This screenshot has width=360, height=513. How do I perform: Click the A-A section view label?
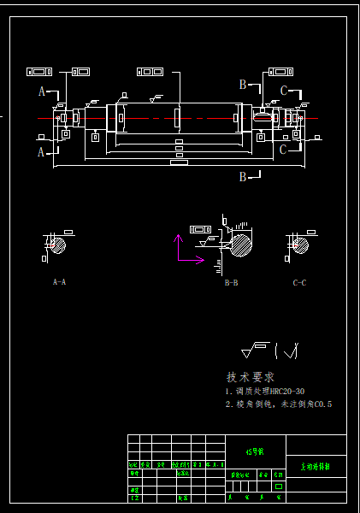click(x=59, y=281)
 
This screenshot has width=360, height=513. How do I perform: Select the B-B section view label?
click(x=231, y=281)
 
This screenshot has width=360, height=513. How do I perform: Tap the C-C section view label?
click(x=299, y=281)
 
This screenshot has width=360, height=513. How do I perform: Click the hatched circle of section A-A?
click(x=58, y=246)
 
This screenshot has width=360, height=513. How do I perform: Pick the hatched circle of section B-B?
click(x=240, y=245)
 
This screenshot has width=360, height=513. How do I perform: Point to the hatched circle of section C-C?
click(x=301, y=246)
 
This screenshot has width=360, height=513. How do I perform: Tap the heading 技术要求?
click(x=250, y=377)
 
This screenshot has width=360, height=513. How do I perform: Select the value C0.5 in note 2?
click(x=322, y=404)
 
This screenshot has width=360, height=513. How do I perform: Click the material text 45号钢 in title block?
click(x=255, y=450)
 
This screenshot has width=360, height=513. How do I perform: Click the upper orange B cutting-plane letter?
click(x=243, y=85)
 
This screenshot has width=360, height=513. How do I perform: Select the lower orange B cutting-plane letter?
click(x=243, y=176)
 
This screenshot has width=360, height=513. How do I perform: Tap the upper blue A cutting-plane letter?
click(x=41, y=91)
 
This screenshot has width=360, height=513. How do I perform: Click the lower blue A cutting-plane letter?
click(x=40, y=152)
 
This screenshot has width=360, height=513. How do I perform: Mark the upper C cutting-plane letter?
click(x=284, y=91)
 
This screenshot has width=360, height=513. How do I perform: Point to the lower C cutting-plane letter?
click(x=283, y=150)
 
